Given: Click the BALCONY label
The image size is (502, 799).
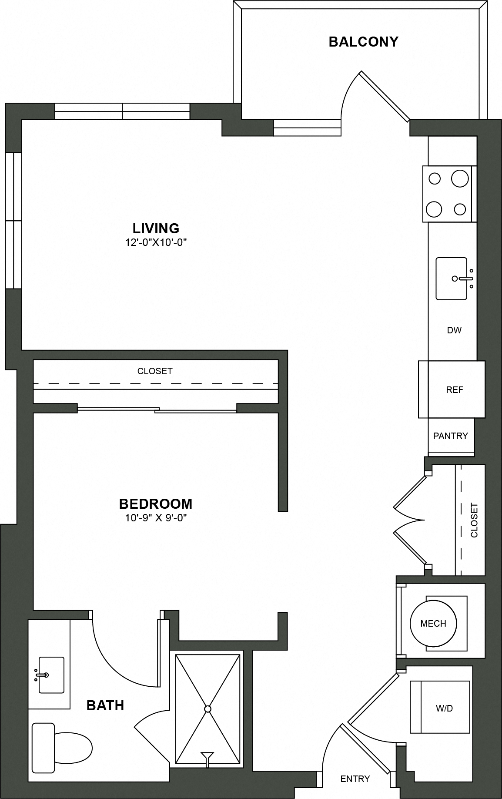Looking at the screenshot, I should (x=363, y=42).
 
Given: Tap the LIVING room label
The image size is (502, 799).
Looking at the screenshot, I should (x=156, y=228).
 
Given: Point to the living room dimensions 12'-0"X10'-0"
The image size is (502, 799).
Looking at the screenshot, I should (x=156, y=242).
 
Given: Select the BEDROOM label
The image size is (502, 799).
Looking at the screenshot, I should (x=156, y=504).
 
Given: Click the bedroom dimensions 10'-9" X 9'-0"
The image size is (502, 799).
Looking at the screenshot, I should (x=156, y=518).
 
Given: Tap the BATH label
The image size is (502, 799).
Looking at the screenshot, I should (x=105, y=705).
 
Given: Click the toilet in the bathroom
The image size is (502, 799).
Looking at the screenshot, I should (x=65, y=748).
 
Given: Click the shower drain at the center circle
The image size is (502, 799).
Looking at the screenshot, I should (x=208, y=709).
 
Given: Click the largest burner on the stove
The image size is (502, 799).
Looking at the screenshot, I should (x=459, y=178).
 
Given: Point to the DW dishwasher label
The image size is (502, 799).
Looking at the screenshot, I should (x=454, y=330).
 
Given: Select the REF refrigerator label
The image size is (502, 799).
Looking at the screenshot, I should (x=455, y=390).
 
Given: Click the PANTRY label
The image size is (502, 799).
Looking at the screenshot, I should (x=451, y=436).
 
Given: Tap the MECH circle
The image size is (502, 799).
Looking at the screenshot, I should (x=433, y=624).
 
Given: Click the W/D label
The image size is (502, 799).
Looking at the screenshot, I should (x=444, y=708).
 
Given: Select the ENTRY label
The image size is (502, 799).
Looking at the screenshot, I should (x=355, y=779).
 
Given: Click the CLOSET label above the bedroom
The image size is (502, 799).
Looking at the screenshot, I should (x=155, y=371).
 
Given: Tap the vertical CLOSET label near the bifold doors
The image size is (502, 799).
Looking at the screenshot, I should (x=474, y=520).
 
